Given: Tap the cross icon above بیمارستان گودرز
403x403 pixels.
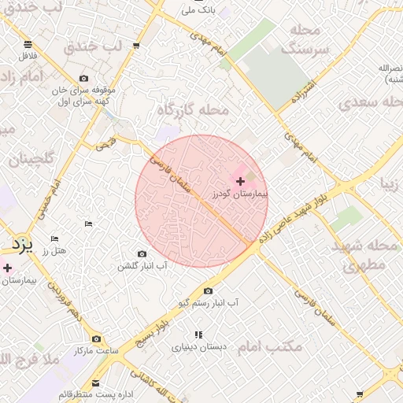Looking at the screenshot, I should click(x=240, y=181).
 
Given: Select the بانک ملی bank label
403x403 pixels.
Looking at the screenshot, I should click(x=198, y=11).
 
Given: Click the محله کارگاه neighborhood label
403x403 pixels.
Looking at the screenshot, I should click(x=193, y=109).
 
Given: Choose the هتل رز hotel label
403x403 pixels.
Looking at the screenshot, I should click(x=56, y=250).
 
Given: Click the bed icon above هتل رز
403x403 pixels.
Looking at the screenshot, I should click(x=54, y=238).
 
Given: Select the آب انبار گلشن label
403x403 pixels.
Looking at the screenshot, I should click(x=142, y=266).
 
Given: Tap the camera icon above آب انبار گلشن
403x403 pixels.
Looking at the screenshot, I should click(x=142, y=253).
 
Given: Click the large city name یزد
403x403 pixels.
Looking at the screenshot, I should click(x=24, y=246).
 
